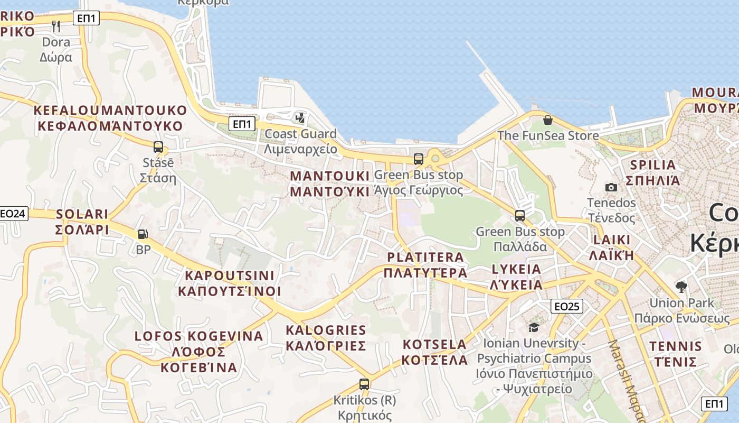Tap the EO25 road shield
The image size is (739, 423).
566,306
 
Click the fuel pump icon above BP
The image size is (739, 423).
143,234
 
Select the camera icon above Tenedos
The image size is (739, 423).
611,187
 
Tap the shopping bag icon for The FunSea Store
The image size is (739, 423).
547,120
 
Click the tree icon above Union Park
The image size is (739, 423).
681,287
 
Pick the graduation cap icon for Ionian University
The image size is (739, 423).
534,328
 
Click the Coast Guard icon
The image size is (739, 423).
300,118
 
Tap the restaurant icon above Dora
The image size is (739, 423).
56,26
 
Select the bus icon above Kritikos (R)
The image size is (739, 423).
364,384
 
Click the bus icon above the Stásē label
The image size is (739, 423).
158,147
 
